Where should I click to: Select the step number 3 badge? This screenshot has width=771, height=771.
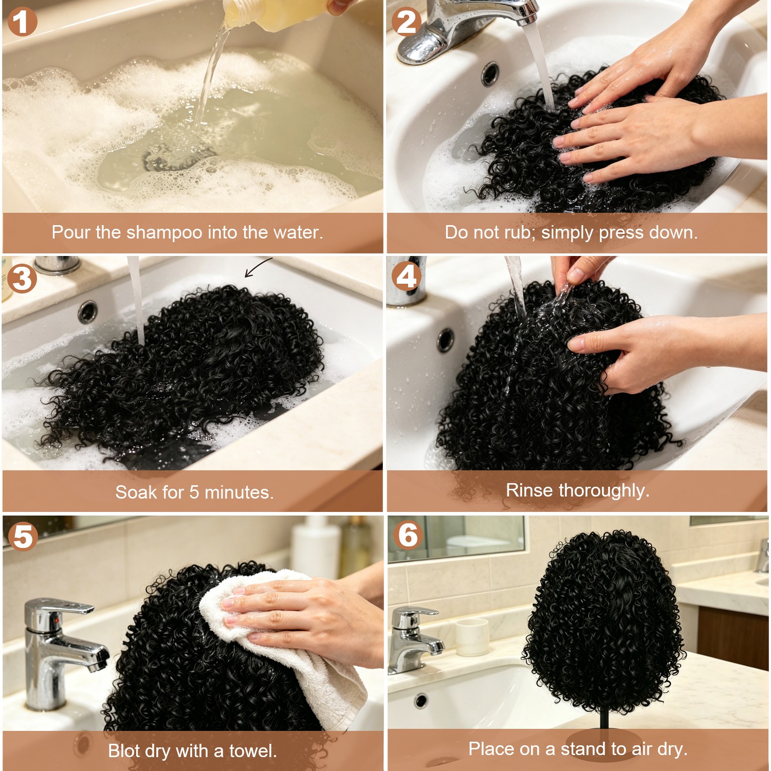[22, 279]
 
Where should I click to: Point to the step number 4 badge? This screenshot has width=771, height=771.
[407, 276]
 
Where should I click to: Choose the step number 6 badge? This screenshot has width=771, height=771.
[408, 535]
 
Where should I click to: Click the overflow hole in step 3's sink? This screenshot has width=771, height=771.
[88, 311]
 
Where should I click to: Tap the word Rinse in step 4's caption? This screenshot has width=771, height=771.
[530, 490]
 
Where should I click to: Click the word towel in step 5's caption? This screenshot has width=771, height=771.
[253, 751]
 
